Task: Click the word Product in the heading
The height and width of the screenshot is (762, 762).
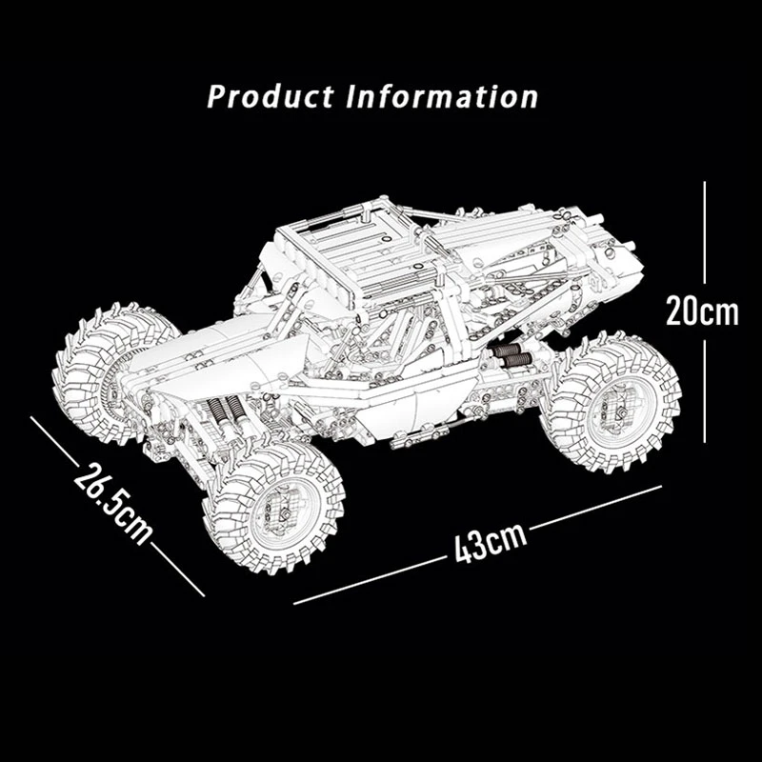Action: [270, 96]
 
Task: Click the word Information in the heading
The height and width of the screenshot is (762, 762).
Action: [442, 96]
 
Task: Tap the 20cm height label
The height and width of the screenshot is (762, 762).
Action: [702, 311]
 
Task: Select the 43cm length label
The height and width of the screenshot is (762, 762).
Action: [491, 542]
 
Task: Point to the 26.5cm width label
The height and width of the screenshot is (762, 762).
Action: [112, 503]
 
